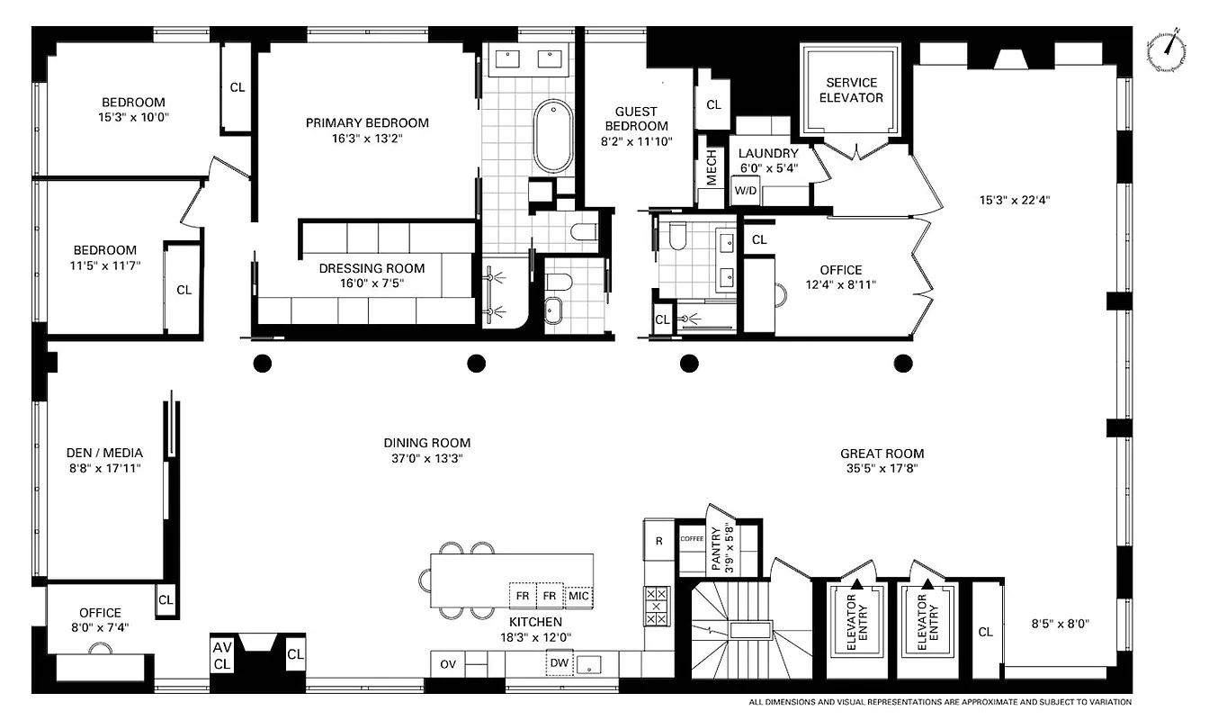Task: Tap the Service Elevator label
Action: (851, 90)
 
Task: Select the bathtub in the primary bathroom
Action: (552, 136)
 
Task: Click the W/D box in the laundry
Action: (745, 191)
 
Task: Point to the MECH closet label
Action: (712, 167)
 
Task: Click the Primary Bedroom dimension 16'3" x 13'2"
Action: (367, 139)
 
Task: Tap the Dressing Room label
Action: (372, 268)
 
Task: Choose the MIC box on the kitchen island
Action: (578, 596)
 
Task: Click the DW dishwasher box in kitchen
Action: (559, 664)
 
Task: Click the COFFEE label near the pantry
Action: (692, 538)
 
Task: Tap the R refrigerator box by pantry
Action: (658, 541)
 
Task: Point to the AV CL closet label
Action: (222, 655)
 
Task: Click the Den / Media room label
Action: (104, 453)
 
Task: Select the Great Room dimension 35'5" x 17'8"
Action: (882, 468)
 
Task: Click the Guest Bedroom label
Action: (636, 119)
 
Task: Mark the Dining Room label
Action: (426, 443)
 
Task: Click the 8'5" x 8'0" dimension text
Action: (1060, 623)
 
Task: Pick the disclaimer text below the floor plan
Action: (940, 702)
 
